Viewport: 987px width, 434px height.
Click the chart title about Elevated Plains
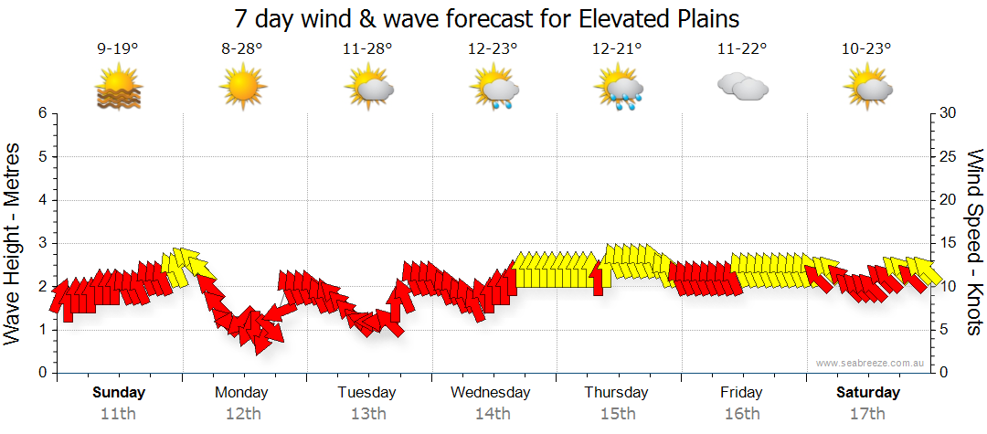[486, 18]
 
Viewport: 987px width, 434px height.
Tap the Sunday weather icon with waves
[118, 89]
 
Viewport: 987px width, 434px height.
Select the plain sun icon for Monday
[242, 88]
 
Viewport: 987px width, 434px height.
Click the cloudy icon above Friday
[742, 87]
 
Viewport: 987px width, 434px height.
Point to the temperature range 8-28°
[242, 49]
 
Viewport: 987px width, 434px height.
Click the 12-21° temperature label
[617, 49]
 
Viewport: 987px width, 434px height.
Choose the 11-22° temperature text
[742, 49]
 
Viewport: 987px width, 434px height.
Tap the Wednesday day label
[491, 393]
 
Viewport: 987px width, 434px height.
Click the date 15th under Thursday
[617, 414]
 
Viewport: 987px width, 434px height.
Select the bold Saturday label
[868, 393]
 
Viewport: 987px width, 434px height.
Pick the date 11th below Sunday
[118, 414]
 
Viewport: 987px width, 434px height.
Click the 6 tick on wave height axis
[41, 113]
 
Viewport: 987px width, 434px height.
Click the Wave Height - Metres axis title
[14, 243]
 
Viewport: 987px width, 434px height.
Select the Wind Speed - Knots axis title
[974, 243]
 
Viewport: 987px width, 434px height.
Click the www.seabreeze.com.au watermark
[871, 363]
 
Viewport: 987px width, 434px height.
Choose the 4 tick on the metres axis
[41, 200]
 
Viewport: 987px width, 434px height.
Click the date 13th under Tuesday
[367, 414]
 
